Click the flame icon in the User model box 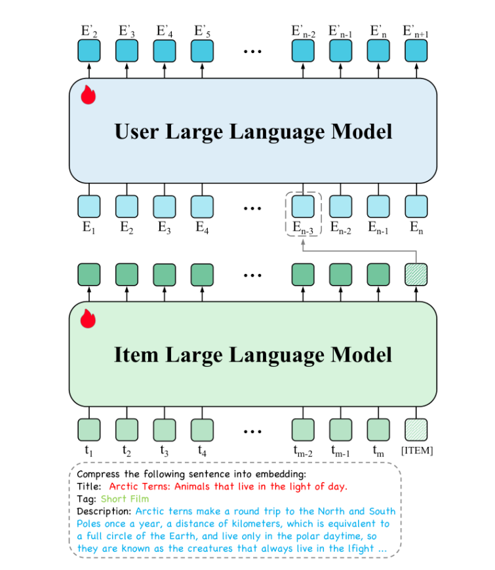click(x=88, y=95)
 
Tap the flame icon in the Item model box click(x=88, y=318)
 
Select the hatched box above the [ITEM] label click(x=416, y=430)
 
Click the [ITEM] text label click(x=417, y=451)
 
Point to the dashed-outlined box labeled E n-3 click(x=304, y=214)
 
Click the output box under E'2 click(x=89, y=50)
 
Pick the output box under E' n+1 click(x=416, y=50)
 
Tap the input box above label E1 click(x=89, y=206)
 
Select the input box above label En click(x=416, y=206)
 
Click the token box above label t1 click(x=89, y=430)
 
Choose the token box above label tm click(x=378, y=430)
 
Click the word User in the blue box click(x=136, y=132)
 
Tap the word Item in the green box click(x=136, y=355)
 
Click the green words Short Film click(x=125, y=499)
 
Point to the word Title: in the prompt click(x=89, y=486)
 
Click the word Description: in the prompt click(x=104, y=512)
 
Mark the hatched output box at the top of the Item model click(x=416, y=275)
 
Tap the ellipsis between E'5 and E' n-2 click(x=252, y=52)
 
